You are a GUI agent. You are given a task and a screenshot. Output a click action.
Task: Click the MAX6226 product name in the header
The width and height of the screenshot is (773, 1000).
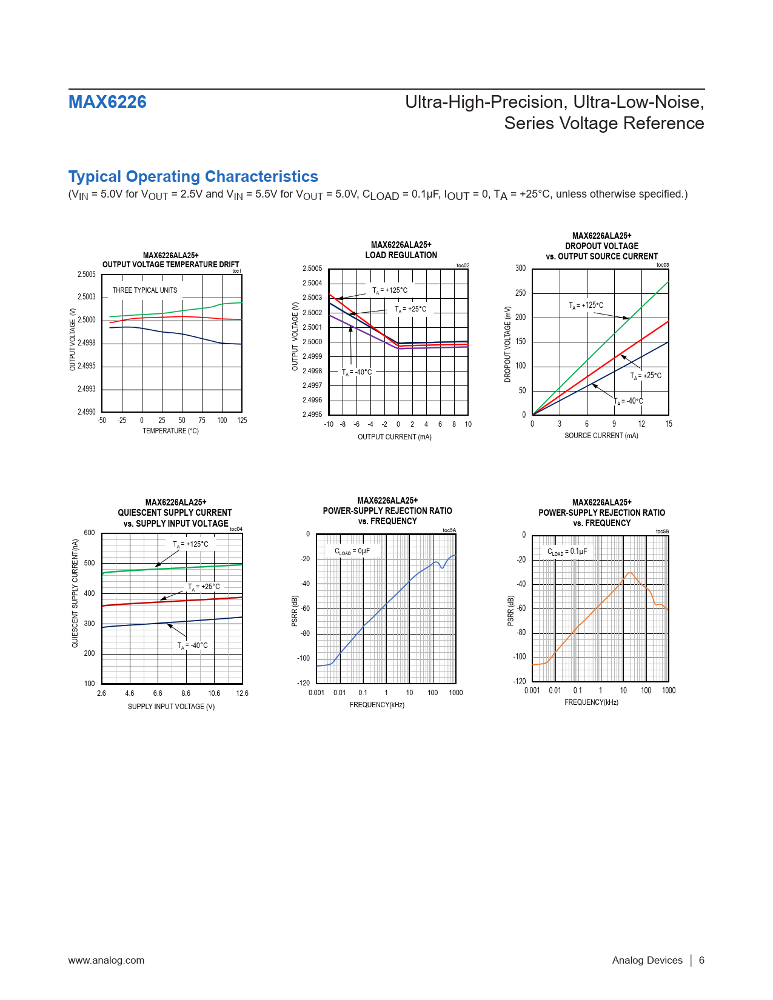tap(107, 102)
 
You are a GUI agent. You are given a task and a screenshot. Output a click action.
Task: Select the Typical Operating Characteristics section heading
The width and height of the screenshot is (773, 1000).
tap(193, 176)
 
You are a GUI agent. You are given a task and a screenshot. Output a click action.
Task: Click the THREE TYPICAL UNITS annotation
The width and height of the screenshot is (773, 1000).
tap(145, 290)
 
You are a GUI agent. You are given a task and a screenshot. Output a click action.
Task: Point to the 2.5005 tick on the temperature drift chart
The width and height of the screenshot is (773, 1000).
tap(87, 275)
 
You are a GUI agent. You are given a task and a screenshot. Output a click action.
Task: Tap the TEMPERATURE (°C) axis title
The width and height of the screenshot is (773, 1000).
tap(170, 431)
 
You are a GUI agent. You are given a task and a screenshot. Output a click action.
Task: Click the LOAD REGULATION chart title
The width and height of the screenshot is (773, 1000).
tap(401, 255)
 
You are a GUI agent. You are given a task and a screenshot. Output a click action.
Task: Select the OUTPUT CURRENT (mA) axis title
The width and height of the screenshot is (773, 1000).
tap(394, 437)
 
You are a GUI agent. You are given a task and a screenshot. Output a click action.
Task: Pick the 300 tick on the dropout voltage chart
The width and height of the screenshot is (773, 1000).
tap(521, 268)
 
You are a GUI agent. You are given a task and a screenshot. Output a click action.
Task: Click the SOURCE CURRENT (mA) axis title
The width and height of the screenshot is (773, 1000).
tap(601, 436)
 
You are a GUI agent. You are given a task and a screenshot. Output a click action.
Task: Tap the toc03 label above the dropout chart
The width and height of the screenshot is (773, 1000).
tap(663, 265)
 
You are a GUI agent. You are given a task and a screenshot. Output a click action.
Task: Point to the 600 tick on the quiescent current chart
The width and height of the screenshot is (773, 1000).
tap(89, 533)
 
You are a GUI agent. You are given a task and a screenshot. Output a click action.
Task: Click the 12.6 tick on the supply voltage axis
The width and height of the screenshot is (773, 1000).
tap(242, 693)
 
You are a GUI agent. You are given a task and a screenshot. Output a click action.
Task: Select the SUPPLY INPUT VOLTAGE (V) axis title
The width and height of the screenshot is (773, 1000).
tap(171, 707)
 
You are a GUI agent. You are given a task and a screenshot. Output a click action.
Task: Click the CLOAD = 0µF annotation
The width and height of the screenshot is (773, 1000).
tap(352, 552)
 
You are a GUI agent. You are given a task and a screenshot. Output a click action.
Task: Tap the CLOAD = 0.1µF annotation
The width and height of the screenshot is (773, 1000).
tap(567, 552)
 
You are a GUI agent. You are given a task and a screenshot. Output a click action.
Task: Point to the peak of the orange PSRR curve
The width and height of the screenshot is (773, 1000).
tap(631, 573)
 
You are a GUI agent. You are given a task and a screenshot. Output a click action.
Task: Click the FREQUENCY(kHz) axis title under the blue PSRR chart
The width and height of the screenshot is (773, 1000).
tap(376, 705)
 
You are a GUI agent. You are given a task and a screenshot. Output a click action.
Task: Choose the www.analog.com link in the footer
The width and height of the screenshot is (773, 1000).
tap(106, 960)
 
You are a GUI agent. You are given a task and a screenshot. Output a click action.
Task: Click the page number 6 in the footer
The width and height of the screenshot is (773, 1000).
tap(701, 960)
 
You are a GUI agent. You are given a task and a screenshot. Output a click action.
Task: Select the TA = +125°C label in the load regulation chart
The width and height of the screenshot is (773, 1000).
tap(390, 290)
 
